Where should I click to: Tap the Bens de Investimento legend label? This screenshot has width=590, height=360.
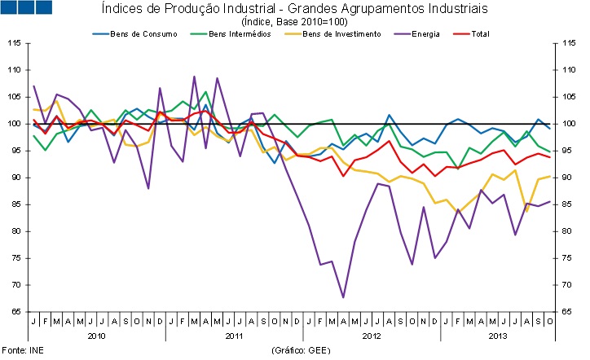click(x=341, y=34)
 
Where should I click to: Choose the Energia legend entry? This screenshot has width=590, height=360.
click(x=425, y=34)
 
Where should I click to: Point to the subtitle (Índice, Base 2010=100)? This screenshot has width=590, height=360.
click(x=294, y=21)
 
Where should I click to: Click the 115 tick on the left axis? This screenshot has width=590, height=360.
click(x=15, y=44)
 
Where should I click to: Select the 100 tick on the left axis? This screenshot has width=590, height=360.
click(x=15, y=124)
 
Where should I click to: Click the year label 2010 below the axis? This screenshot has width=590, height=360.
click(x=96, y=335)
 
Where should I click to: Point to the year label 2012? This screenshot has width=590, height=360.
click(x=371, y=335)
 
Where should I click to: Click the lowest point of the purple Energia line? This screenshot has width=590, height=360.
click(x=343, y=297)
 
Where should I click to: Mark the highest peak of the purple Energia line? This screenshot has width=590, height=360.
click(x=194, y=77)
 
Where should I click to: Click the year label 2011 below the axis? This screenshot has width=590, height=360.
click(x=234, y=335)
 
